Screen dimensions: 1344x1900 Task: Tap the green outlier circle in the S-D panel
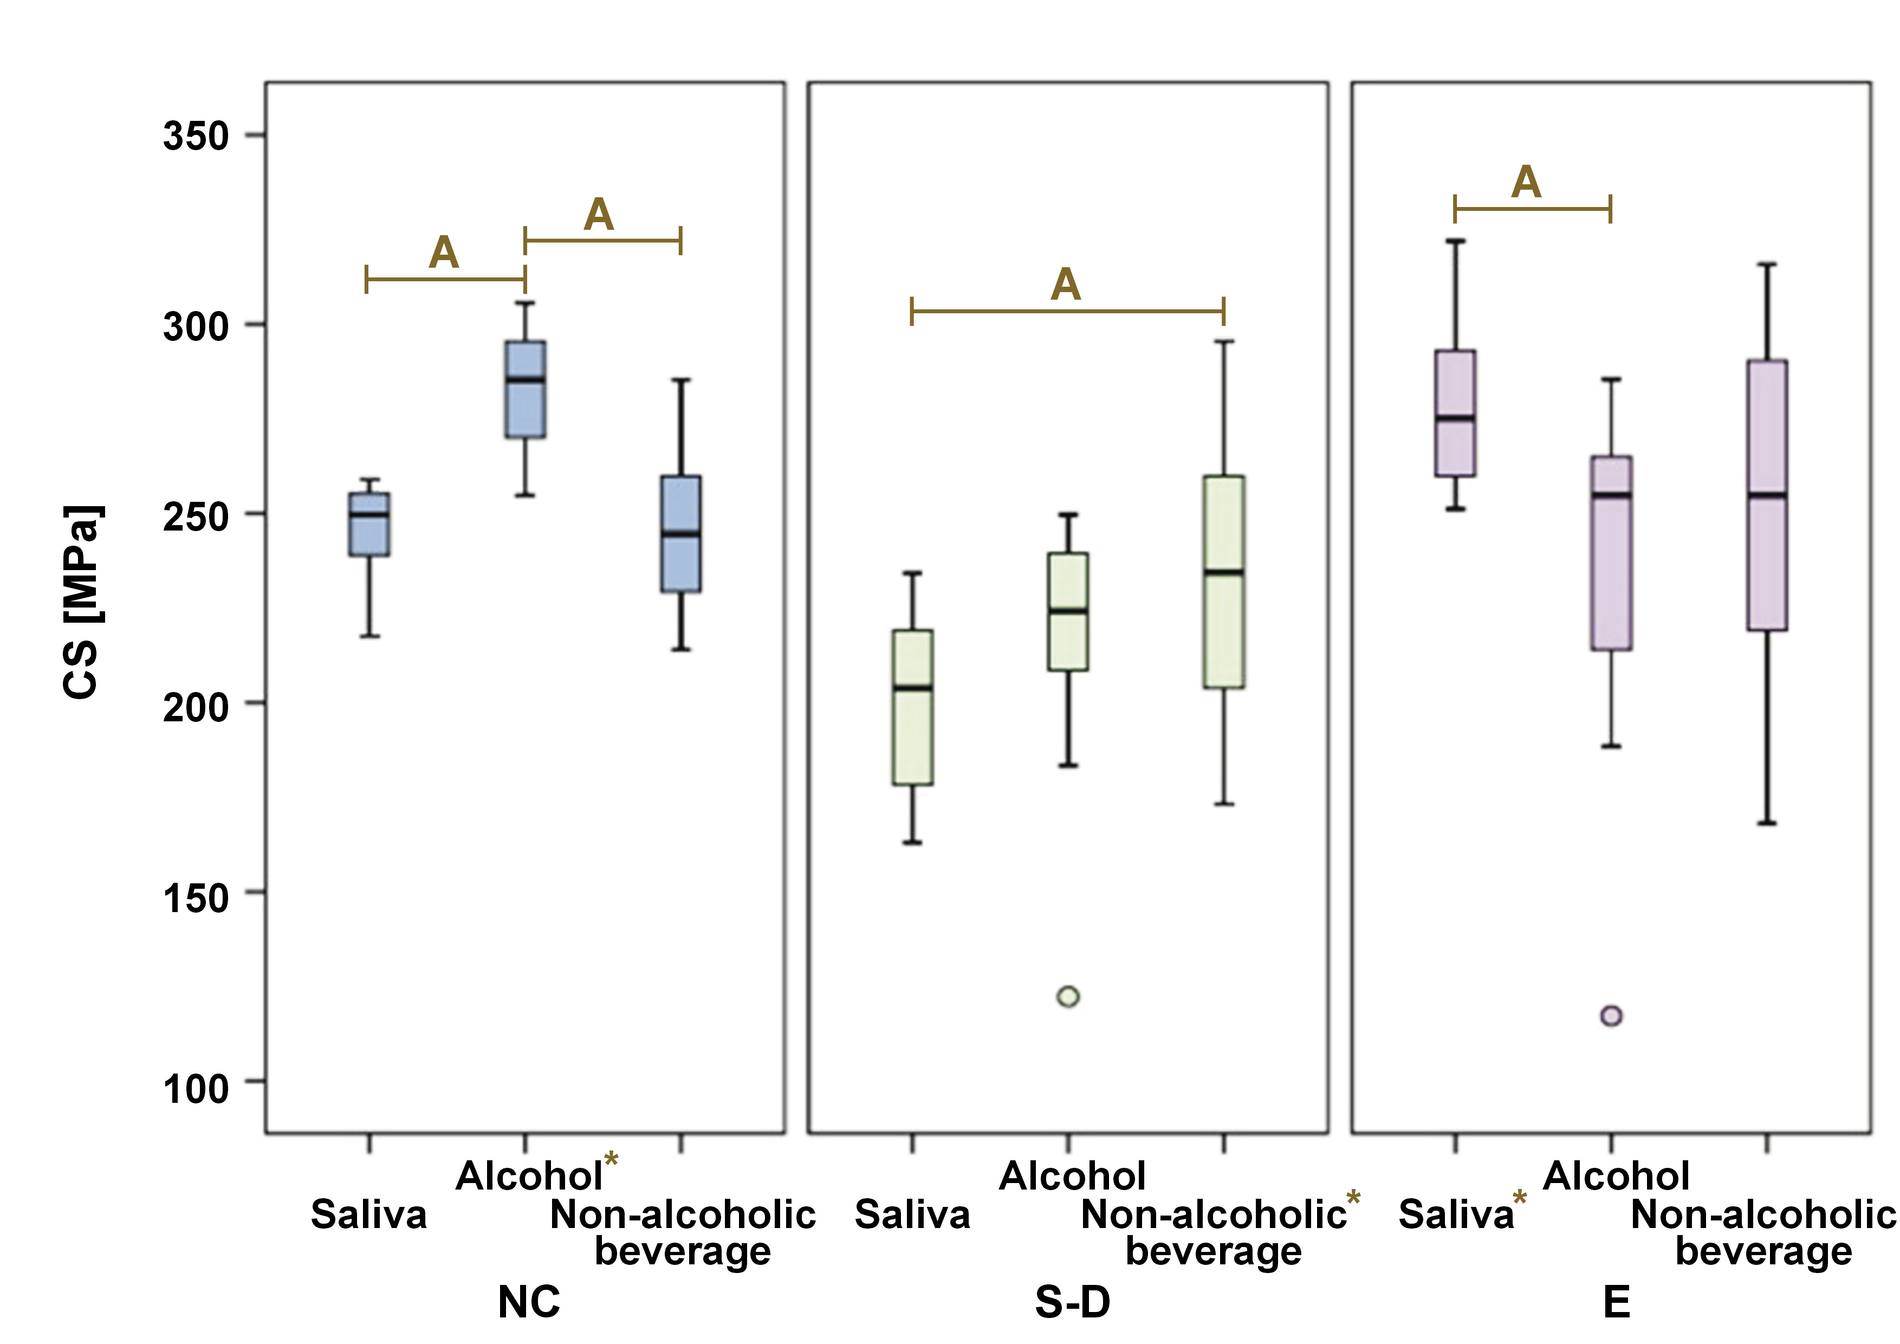[1068, 997]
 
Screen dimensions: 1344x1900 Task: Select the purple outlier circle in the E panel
[1611, 1016]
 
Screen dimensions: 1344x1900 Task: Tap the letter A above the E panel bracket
[1526, 182]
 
